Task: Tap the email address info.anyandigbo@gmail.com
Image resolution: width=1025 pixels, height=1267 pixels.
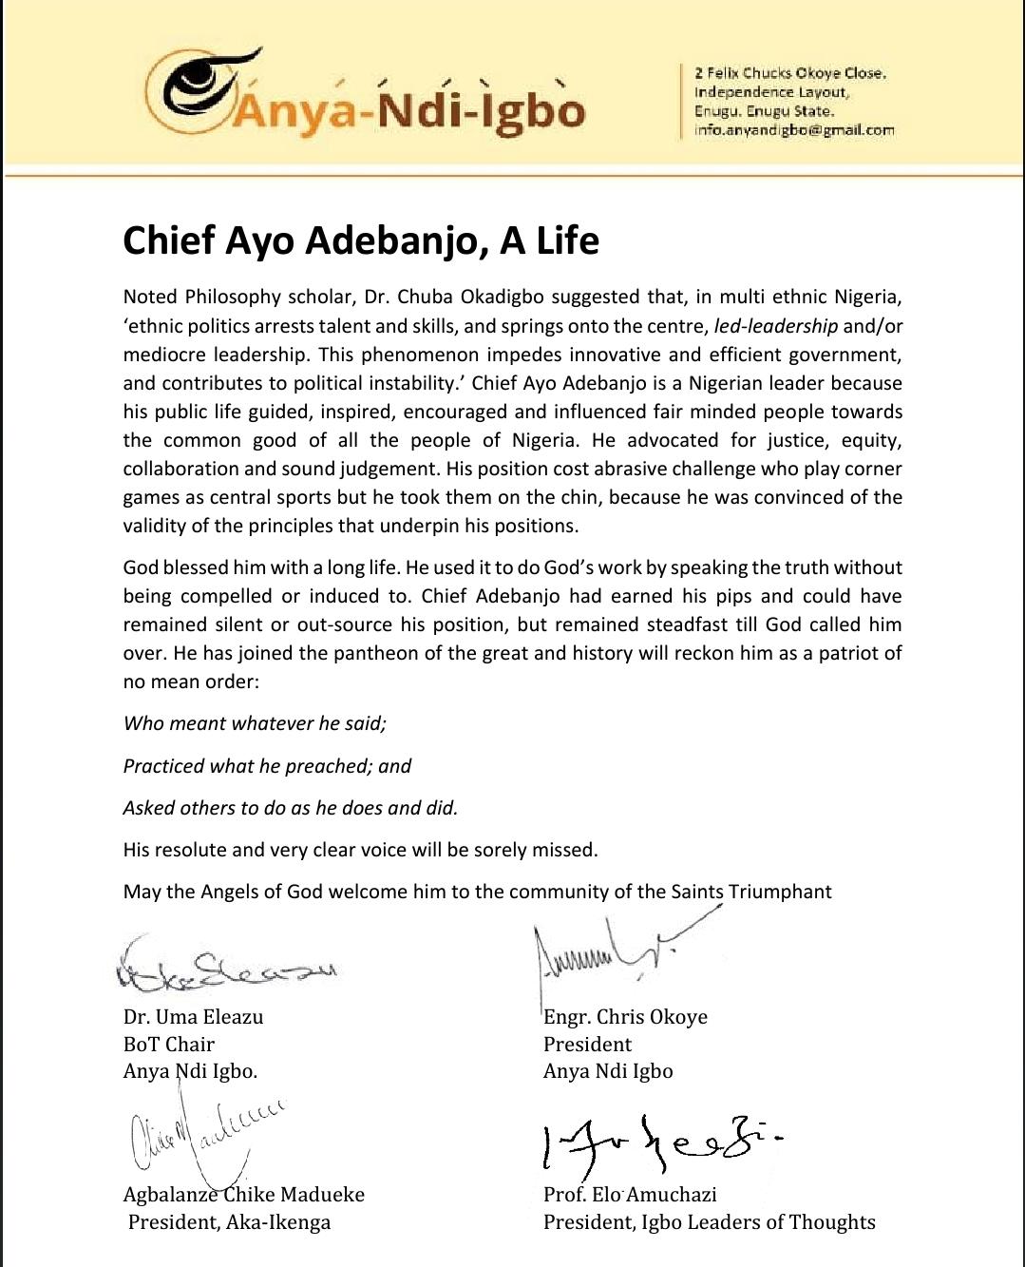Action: [x=794, y=130]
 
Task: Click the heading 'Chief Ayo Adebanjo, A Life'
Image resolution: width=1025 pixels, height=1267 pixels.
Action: [x=361, y=240]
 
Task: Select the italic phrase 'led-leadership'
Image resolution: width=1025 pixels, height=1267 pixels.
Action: [x=776, y=326]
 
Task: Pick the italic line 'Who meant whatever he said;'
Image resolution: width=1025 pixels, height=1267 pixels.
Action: [x=255, y=723]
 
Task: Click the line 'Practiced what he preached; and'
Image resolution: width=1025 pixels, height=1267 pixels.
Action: [x=267, y=766]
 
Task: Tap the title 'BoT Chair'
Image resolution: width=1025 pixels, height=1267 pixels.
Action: [x=169, y=1044]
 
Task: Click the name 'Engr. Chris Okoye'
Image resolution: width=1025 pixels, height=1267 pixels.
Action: [x=625, y=1017]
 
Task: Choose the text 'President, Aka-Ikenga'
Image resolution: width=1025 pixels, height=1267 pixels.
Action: [x=229, y=1221]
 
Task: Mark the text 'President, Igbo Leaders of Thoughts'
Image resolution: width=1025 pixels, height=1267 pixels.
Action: [x=709, y=1221]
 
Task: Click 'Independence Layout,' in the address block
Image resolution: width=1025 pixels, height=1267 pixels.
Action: [x=771, y=92]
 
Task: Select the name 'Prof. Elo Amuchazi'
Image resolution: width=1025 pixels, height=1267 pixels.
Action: [x=630, y=1195]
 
